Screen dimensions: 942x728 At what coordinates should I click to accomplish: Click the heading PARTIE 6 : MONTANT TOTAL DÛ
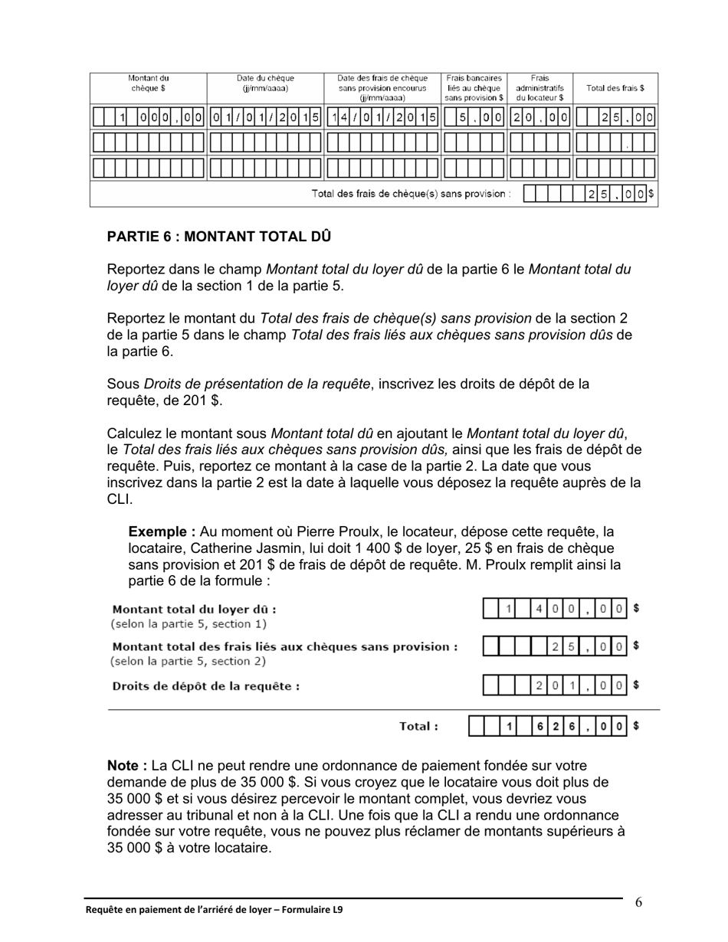[219, 237]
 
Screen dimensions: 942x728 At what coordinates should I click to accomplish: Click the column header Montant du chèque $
[148, 83]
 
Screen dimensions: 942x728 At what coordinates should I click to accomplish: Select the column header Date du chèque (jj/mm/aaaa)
[265, 83]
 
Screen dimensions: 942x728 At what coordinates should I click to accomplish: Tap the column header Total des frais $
[615, 88]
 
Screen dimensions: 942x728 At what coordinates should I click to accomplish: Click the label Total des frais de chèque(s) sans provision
[412, 194]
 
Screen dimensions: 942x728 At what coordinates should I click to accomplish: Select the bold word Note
[126, 765]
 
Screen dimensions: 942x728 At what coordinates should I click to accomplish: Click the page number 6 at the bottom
[638, 902]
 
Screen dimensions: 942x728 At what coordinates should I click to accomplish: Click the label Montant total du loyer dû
[194, 610]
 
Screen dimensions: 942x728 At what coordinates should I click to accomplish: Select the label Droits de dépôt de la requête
[206, 686]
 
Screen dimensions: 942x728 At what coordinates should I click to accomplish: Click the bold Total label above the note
[418, 726]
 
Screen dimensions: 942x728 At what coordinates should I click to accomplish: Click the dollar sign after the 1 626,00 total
[636, 725]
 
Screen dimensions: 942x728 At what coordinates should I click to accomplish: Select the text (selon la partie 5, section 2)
[189, 661]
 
